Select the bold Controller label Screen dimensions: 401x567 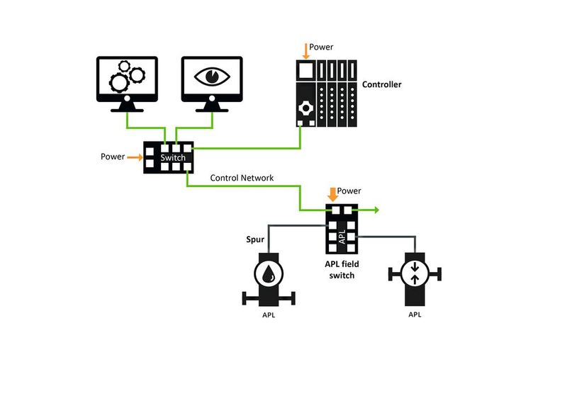pyautogui.click(x=381, y=85)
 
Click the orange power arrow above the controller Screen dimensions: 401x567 pyautogui.click(x=306, y=50)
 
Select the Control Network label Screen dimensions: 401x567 pyautogui.click(x=242, y=177)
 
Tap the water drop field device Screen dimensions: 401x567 pyautogui.click(x=268, y=275)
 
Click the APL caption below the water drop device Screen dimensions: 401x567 pyautogui.click(x=268, y=314)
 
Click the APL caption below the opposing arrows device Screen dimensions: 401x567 pyautogui.click(x=415, y=314)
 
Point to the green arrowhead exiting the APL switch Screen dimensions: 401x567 pyautogui.click(x=376, y=210)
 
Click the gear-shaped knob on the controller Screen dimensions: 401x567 pyautogui.click(x=306, y=108)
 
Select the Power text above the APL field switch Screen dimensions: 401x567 pyautogui.click(x=349, y=191)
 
